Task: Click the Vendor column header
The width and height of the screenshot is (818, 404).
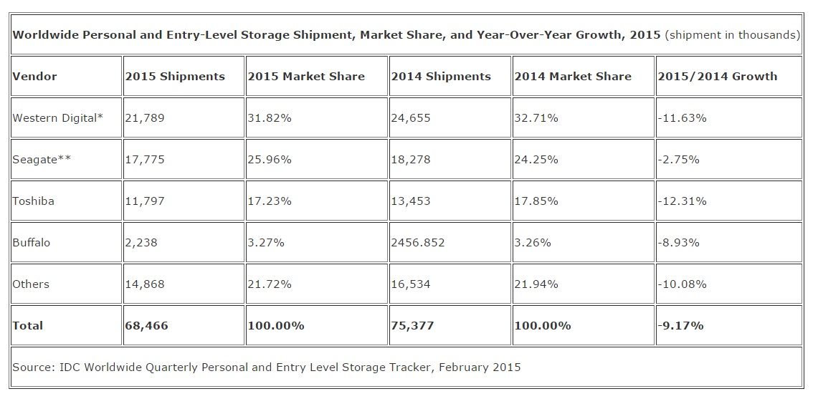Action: coord(34,77)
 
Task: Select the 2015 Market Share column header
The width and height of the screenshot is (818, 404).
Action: coord(305,77)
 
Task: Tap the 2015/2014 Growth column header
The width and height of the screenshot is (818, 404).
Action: coord(718,77)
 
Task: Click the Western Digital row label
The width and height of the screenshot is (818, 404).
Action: coord(57,118)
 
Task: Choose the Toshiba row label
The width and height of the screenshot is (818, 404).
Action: coord(33,201)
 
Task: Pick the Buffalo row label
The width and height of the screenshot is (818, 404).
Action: coord(32,243)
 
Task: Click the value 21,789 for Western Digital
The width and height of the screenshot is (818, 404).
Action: coord(145,118)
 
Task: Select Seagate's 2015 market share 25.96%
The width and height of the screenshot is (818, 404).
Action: coord(270,160)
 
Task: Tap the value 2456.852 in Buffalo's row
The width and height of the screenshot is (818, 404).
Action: coord(418,243)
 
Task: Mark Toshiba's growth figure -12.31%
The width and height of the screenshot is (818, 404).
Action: coord(683,201)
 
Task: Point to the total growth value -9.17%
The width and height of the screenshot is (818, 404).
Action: coord(681,326)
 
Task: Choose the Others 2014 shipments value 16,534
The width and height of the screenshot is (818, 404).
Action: coord(411,284)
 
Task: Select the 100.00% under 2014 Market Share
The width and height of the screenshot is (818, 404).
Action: coord(543,326)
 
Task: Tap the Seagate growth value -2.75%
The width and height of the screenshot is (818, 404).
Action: coord(679,160)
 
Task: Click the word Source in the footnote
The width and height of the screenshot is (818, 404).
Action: coord(33,367)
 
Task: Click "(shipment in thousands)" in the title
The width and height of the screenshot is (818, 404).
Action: coord(732,35)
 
